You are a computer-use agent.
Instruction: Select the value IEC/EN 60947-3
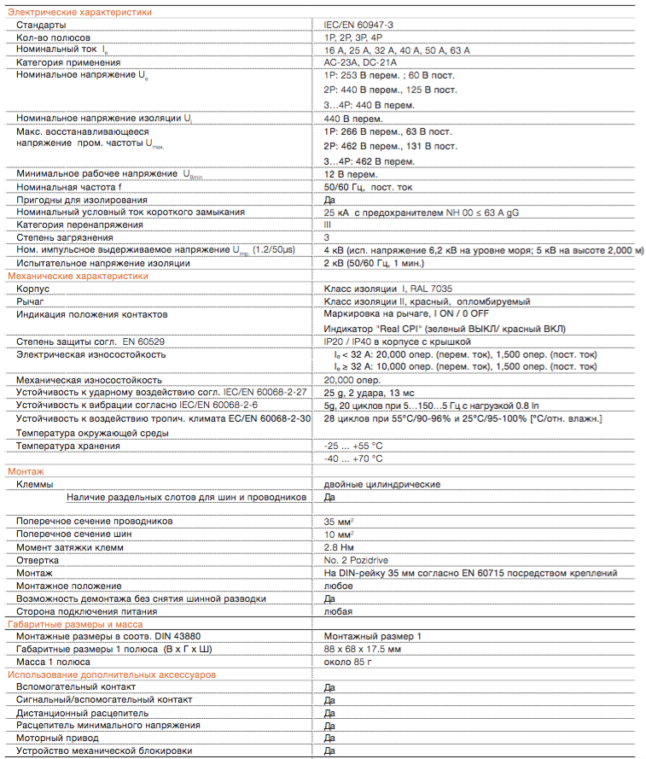(360, 26)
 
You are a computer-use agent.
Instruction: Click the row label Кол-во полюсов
(53, 38)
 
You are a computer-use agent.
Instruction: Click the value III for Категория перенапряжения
(329, 225)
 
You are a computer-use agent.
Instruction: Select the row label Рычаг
(30, 302)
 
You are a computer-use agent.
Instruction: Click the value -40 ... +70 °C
(353, 458)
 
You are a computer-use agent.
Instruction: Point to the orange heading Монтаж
(26, 471)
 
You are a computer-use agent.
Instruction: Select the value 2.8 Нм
(340, 547)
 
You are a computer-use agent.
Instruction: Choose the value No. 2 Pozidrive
(358, 560)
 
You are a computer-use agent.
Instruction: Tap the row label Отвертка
(37, 560)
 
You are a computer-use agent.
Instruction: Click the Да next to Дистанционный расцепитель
(329, 713)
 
